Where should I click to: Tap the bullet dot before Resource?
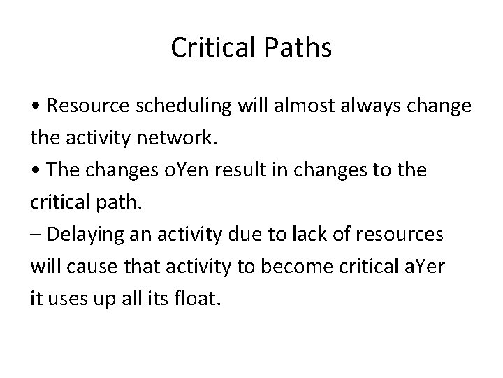[35, 106]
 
